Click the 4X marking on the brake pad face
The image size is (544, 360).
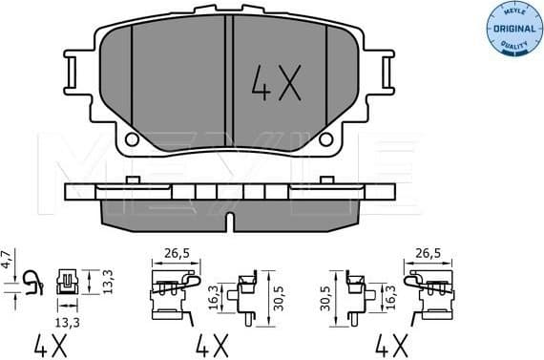[x=277, y=85]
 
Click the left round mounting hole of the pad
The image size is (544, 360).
[x=133, y=139]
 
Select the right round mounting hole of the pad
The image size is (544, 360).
[x=327, y=139]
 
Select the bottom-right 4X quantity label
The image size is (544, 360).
[x=389, y=341]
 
